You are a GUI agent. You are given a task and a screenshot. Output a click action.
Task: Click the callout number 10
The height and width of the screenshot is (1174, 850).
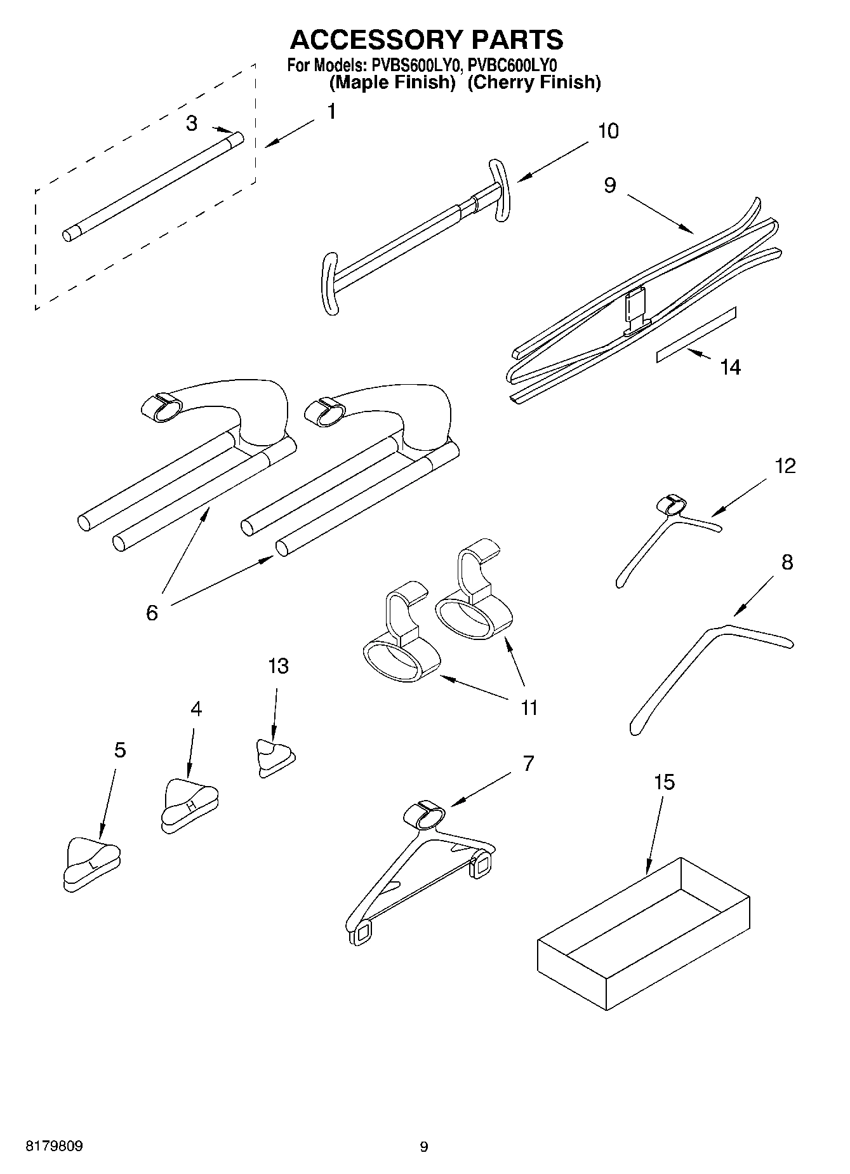(608, 131)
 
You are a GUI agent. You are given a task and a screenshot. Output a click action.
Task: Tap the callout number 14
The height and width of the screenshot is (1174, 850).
(730, 367)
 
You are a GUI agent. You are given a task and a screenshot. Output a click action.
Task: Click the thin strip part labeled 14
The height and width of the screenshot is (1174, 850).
(696, 335)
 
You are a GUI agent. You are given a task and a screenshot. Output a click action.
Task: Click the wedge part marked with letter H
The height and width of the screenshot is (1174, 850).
(189, 804)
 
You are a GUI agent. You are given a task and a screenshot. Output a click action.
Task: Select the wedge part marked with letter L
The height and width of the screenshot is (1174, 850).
(91, 864)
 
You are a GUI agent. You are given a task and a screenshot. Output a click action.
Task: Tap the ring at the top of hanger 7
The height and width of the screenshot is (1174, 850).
(425, 814)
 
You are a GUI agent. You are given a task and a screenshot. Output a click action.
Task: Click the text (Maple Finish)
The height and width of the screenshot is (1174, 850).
(392, 83)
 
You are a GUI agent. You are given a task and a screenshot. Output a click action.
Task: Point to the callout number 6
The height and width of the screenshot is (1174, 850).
(152, 613)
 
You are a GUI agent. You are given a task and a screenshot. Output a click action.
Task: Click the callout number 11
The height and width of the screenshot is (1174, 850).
(529, 707)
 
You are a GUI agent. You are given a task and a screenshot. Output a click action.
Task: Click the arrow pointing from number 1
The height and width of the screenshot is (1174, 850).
(289, 134)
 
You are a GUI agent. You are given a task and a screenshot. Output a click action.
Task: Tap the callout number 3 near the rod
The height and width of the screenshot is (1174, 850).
(192, 123)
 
